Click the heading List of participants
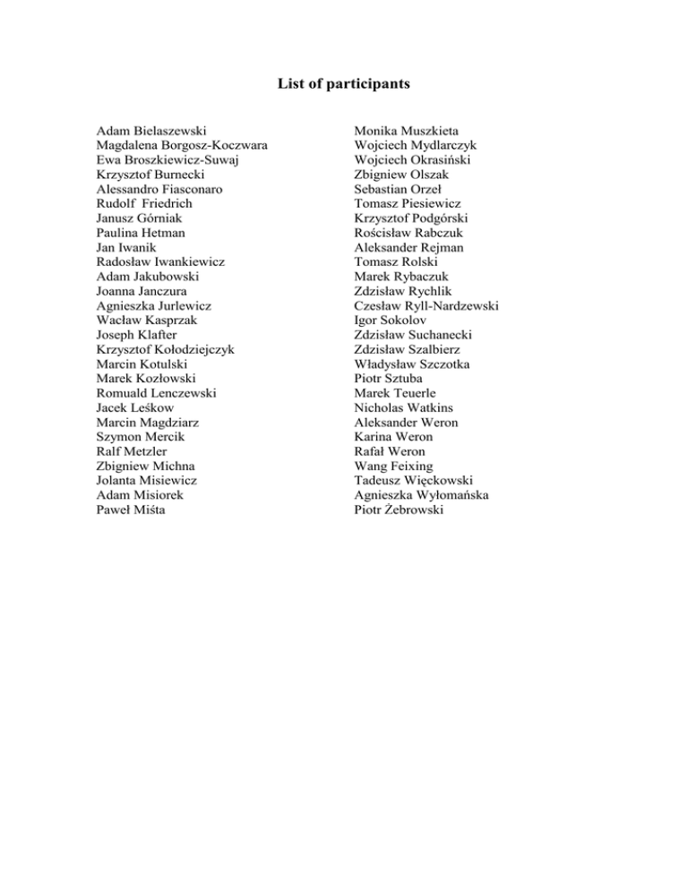343,85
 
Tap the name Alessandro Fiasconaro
160,190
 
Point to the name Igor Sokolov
391,321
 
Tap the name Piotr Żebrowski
399,509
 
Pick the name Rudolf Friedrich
144,204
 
